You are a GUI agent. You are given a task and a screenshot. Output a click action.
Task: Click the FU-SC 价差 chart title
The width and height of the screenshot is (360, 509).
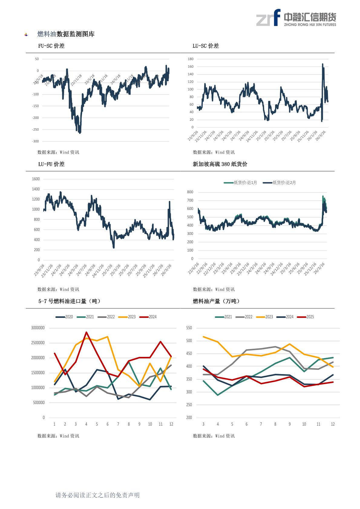pos(51,46)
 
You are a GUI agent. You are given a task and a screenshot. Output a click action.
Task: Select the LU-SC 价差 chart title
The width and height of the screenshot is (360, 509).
pos(206,46)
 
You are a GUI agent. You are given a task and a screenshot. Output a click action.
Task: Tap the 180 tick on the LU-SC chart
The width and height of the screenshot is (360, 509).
pos(190,59)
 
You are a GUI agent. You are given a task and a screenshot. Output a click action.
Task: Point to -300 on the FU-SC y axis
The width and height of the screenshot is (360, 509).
pos(35,141)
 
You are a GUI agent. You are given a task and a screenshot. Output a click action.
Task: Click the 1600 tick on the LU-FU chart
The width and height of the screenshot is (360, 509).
pos(36,179)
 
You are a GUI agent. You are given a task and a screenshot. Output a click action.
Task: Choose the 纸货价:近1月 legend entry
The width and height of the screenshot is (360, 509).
pos(241,183)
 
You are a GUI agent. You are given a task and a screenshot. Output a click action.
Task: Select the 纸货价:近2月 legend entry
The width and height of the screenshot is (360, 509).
pos(280,183)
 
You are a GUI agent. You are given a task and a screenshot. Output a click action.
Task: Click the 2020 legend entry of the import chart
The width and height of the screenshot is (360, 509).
pos(64,317)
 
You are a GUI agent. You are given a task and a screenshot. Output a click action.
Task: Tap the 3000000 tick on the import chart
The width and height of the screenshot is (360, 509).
pos(38,328)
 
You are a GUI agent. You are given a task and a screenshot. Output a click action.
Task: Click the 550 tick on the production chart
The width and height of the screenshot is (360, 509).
pos(189,328)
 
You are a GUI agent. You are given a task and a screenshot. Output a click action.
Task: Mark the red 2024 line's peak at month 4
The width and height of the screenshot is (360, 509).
pos(86,332)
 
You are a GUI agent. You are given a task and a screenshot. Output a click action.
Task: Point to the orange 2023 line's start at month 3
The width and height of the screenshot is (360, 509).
pos(203,337)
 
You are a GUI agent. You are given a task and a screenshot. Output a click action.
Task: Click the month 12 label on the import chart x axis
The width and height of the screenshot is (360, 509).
pos(171,424)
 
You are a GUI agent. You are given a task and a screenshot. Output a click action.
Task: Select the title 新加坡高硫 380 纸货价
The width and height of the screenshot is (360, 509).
pos(220,164)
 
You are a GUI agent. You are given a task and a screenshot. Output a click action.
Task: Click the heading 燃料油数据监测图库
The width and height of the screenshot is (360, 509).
pos(66,34)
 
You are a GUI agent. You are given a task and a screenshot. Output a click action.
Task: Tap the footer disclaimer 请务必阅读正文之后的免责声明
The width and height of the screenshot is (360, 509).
pos(97,495)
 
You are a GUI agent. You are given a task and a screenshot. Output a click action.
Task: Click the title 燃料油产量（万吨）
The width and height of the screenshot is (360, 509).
pos(216,301)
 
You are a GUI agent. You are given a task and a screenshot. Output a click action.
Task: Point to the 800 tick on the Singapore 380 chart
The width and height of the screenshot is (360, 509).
pos(190,192)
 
